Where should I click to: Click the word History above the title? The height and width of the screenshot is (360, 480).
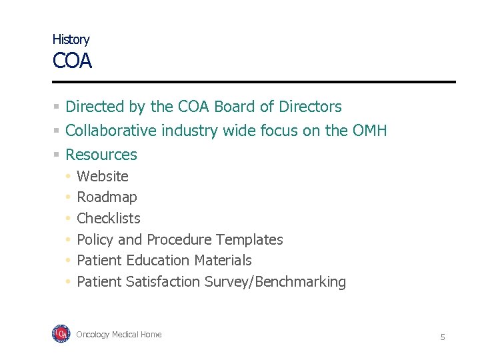click(x=71, y=39)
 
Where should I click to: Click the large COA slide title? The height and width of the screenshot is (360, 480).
click(x=72, y=62)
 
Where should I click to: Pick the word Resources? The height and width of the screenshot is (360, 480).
click(x=101, y=155)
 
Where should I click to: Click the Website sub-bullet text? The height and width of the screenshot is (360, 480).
click(x=103, y=177)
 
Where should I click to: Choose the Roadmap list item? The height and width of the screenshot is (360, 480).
click(x=107, y=197)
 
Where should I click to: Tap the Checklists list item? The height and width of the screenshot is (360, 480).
click(x=109, y=219)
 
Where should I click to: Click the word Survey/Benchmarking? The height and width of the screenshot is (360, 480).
click(x=275, y=282)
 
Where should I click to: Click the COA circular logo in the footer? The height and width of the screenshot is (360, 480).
click(x=61, y=334)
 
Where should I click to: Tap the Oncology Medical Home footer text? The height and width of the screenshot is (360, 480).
click(x=119, y=335)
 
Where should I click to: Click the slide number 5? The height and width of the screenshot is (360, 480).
click(x=442, y=337)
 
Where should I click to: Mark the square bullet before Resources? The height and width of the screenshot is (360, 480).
click(x=57, y=155)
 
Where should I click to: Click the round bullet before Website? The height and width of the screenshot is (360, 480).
click(x=68, y=177)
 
